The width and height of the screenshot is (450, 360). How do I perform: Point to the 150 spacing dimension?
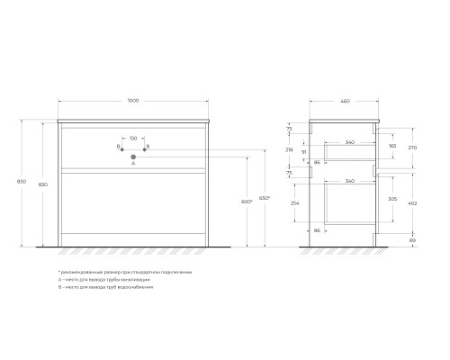[133, 139]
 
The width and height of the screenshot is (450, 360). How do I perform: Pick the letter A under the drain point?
[133, 165]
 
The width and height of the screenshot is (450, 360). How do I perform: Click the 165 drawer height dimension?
[391, 145]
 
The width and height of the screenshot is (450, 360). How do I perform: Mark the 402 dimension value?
[413, 203]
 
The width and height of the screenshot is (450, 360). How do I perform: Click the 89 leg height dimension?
[413, 240]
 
